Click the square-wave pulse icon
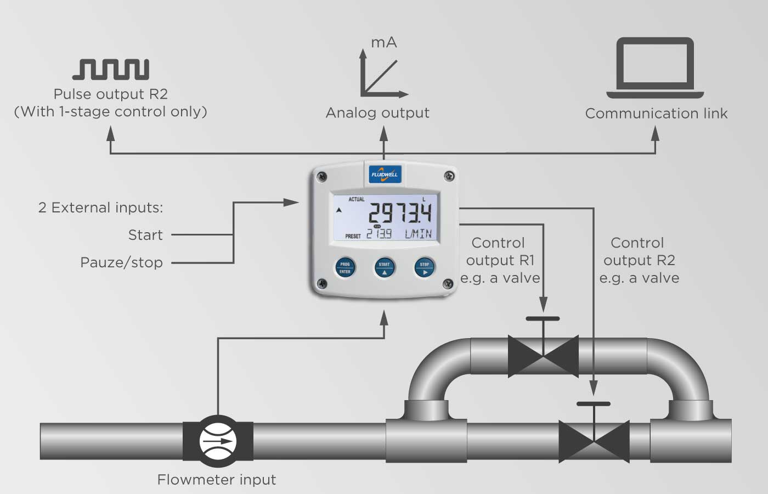click(x=111, y=69)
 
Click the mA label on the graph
click(x=384, y=43)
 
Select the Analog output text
click(x=377, y=113)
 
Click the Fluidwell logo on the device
click(x=385, y=174)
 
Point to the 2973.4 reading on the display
click(x=399, y=212)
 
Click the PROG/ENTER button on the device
click(x=345, y=268)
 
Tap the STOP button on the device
click(x=424, y=268)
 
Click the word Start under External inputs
click(x=145, y=235)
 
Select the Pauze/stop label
click(x=121, y=262)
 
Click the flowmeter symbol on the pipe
click(x=218, y=441)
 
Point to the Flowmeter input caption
click(x=216, y=480)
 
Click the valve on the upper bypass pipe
click(x=543, y=356)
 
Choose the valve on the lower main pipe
click(x=594, y=441)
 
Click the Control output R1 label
click(x=499, y=260)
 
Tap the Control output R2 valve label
click(x=639, y=260)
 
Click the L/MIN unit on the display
click(x=418, y=234)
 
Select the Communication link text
click(x=656, y=114)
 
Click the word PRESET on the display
click(x=353, y=236)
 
